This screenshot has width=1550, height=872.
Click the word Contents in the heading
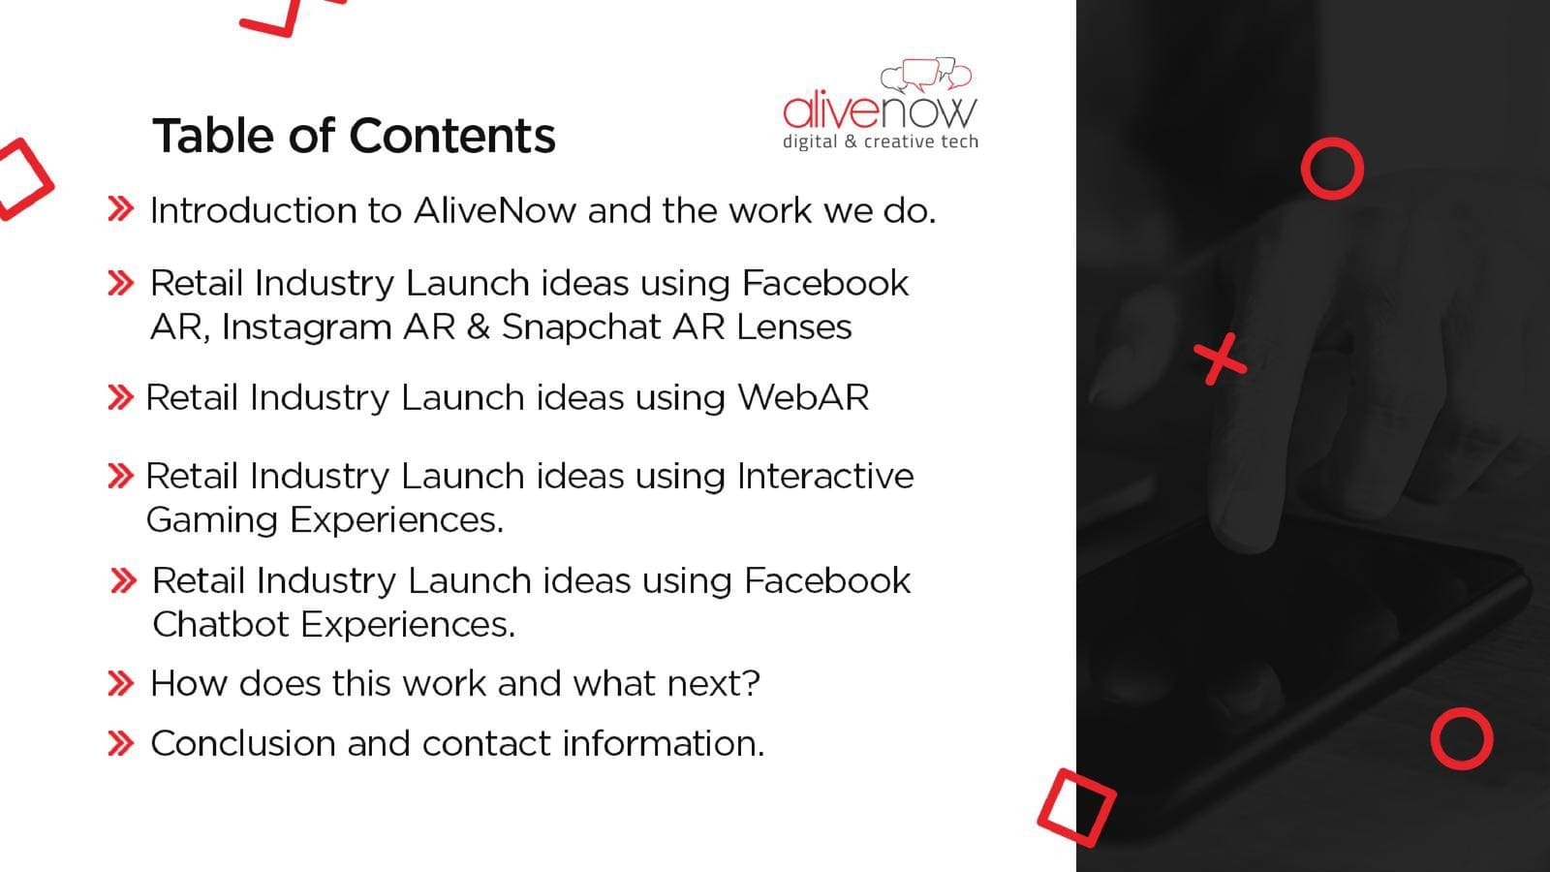[x=452, y=135]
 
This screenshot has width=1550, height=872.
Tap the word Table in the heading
[x=215, y=135]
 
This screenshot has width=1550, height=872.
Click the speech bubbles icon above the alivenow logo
[x=926, y=75]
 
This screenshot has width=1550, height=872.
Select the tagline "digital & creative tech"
[x=881, y=141]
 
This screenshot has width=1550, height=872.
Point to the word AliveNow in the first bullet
[x=495, y=210]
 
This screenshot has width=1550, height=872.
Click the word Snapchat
[x=581, y=327]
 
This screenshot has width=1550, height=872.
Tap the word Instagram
[x=306, y=327]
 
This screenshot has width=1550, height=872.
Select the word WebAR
[x=803, y=397]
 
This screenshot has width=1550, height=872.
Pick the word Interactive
[x=825, y=476]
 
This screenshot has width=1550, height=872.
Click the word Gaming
[x=212, y=520]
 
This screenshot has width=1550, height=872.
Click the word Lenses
[x=793, y=327]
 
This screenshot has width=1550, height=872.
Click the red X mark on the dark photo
[x=1220, y=359]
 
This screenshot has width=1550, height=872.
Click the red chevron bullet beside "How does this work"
[x=121, y=684]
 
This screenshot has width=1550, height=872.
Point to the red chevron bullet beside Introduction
[x=121, y=209]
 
